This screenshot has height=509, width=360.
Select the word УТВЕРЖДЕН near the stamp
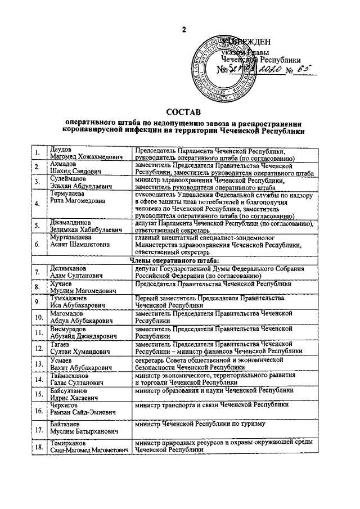click(246, 42)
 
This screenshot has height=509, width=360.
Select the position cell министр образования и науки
click(214, 389)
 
